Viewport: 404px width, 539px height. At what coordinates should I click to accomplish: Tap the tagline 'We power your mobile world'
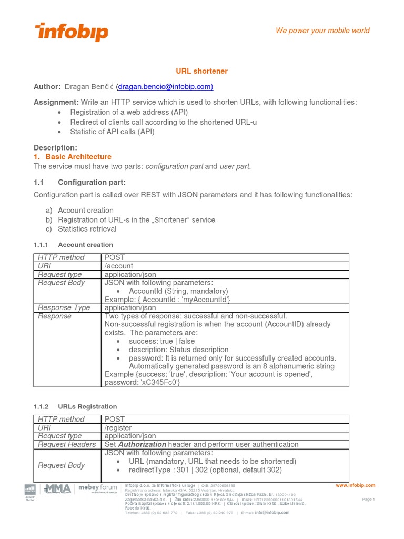[322, 31]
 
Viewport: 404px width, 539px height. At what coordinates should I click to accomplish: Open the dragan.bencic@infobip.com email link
[165, 86]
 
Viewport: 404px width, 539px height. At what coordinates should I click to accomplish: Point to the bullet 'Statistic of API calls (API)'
[112, 132]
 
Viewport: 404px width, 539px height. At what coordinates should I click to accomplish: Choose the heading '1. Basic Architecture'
[73, 157]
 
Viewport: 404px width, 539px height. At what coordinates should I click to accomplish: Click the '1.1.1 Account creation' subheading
[73, 245]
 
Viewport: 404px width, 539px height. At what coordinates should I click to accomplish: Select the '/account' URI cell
[119, 266]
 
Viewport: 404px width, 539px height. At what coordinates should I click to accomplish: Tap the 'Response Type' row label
[64, 307]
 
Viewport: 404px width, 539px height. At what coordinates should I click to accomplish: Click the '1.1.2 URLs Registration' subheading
[75, 407]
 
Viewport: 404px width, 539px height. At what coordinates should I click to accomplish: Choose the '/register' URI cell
[118, 428]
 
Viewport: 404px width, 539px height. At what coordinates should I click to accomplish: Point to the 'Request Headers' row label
[67, 444]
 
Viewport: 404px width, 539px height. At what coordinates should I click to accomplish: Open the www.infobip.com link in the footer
[355, 485]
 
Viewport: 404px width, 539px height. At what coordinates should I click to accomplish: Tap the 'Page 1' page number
[368, 499]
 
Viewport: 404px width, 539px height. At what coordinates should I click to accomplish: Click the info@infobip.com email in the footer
[272, 512]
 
